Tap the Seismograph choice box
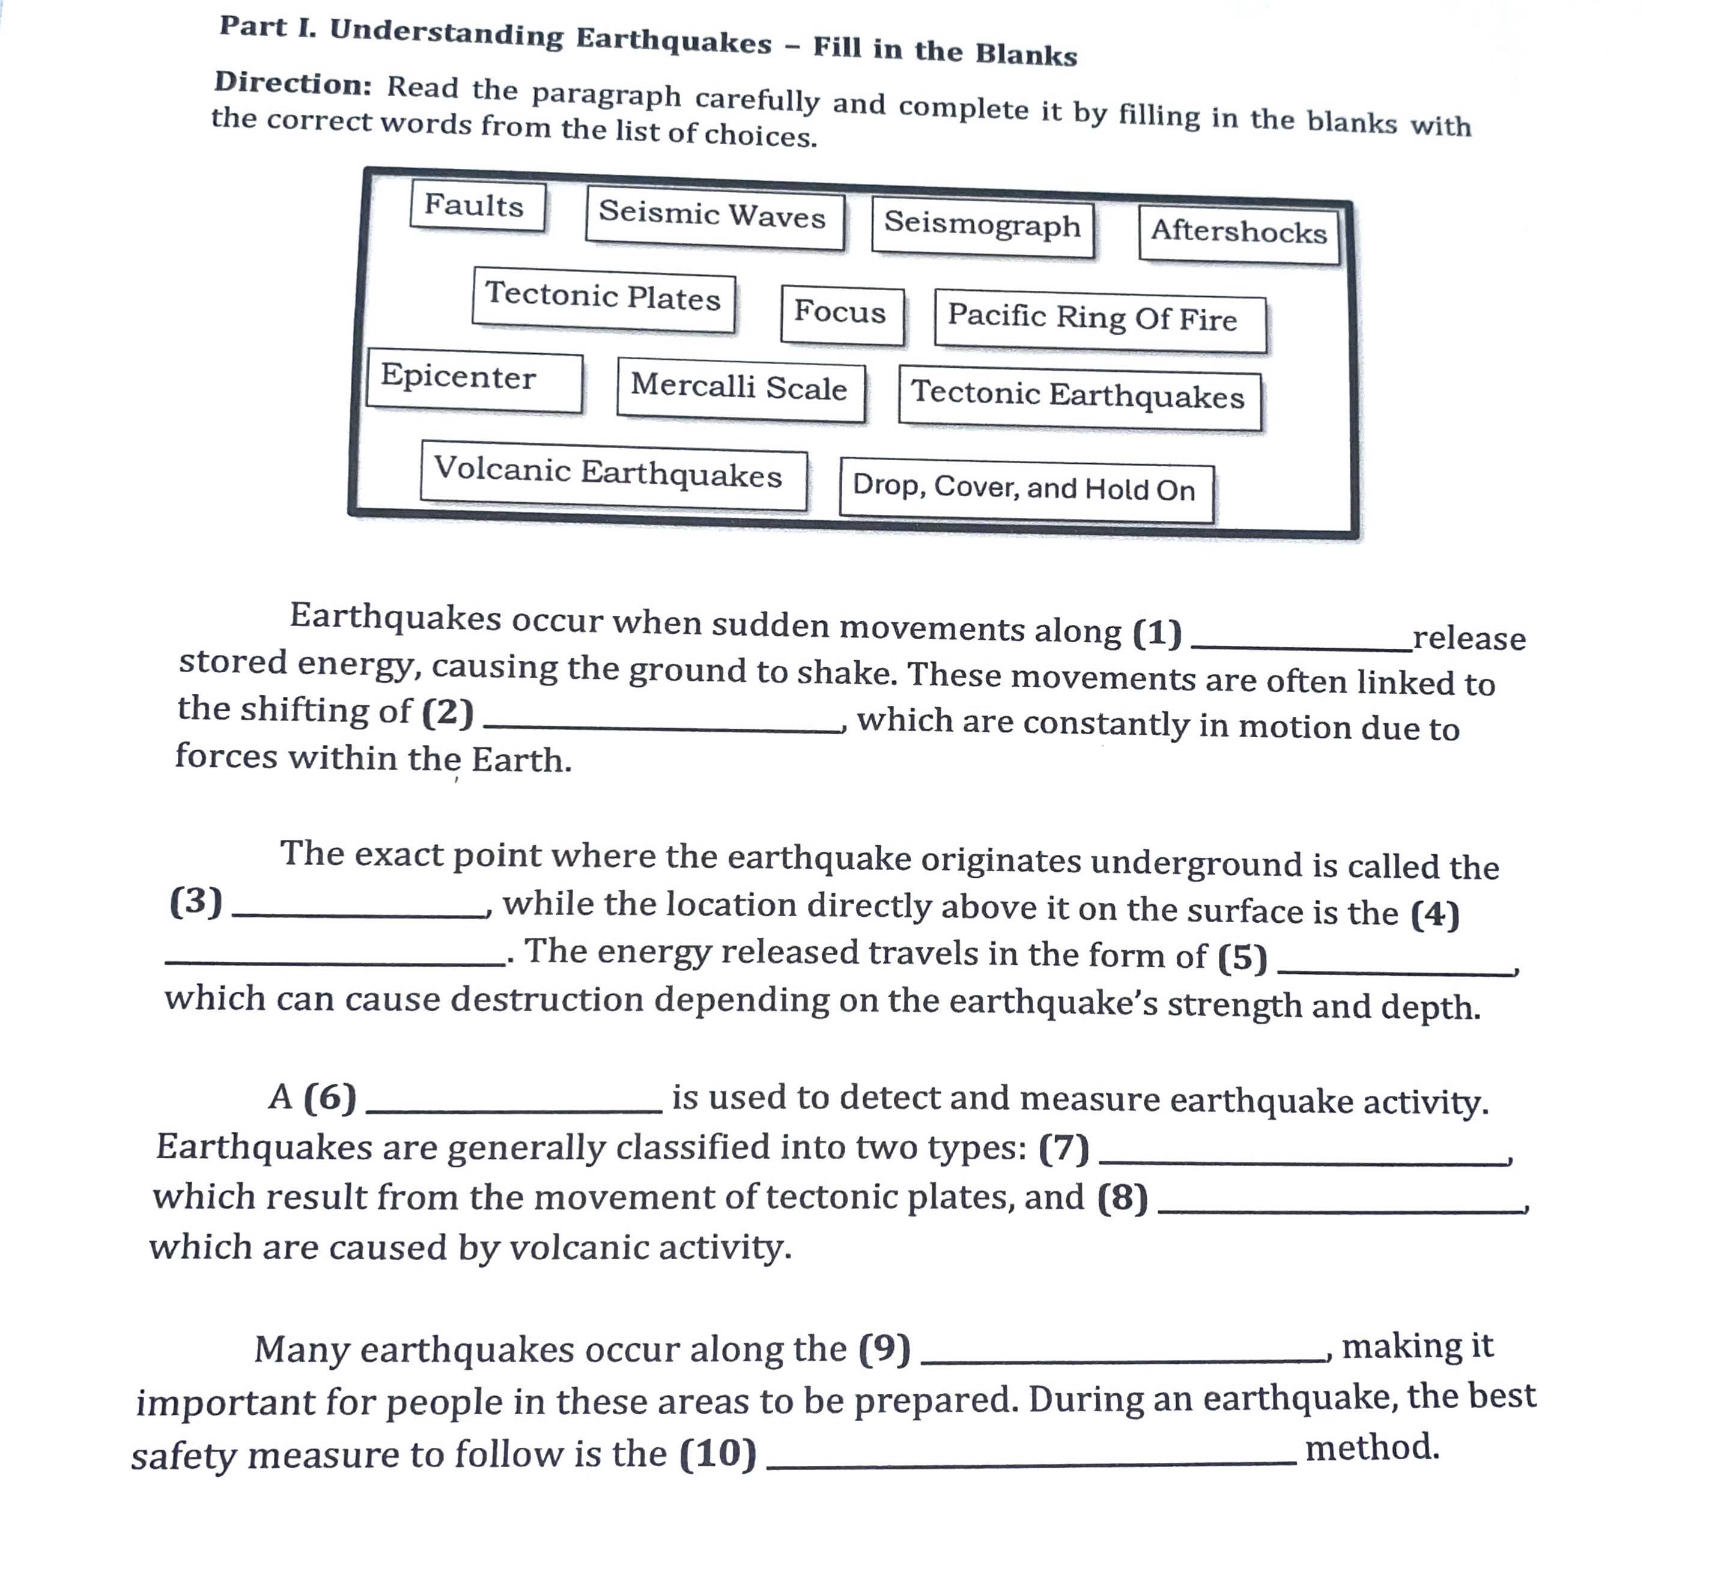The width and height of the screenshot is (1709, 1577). click(x=982, y=227)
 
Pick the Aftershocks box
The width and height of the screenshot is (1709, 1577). click(x=1238, y=235)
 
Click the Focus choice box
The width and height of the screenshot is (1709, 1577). click(x=841, y=314)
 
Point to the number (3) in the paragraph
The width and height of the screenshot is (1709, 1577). click(x=196, y=901)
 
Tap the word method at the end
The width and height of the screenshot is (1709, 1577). click(x=1372, y=1447)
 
